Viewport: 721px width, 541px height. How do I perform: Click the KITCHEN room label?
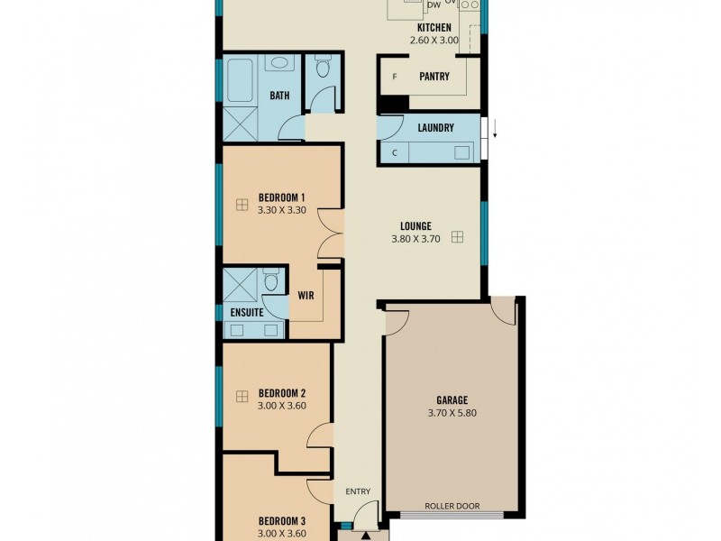pyautogui.click(x=434, y=28)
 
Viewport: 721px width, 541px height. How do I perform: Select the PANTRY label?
pyautogui.click(x=434, y=77)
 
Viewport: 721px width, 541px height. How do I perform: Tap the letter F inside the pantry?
pyautogui.click(x=394, y=77)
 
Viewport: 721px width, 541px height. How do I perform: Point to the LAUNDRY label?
pyautogui.click(x=435, y=128)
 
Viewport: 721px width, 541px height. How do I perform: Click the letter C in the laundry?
pyautogui.click(x=394, y=152)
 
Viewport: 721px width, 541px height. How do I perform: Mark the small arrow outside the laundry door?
pyautogui.click(x=495, y=137)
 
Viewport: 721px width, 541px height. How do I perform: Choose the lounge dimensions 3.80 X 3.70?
pyautogui.click(x=415, y=240)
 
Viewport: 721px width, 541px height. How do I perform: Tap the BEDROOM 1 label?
pyautogui.click(x=282, y=197)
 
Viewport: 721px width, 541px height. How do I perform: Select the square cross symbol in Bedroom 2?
pyautogui.click(x=242, y=396)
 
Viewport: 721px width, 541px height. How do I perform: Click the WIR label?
pyautogui.click(x=306, y=294)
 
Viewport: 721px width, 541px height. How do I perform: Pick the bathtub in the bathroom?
pyautogui.click(x=241, y=79)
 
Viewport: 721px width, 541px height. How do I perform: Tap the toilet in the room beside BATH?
pyautogui.click(x=322, y=68)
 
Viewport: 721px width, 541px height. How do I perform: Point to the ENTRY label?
pyautogui.click(x=358, y=491)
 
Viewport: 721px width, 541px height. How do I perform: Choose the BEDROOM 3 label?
pyautogui.click(x=282, y=521)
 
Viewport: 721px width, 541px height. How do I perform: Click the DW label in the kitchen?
pyautogui.click(x=434, y=5)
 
